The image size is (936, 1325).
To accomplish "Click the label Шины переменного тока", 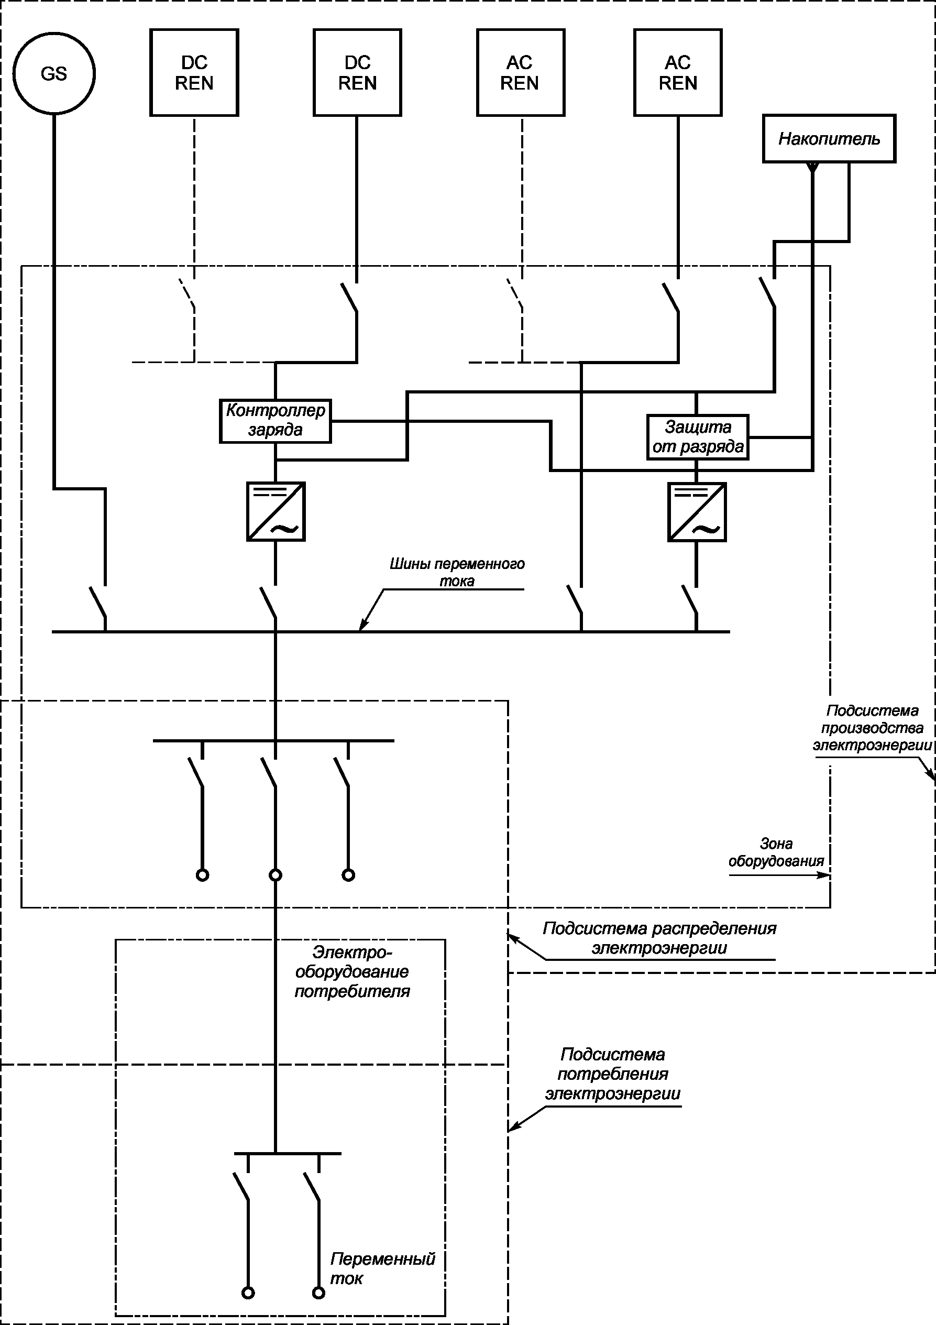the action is (457, 572).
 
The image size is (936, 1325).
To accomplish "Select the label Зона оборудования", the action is (776, 852).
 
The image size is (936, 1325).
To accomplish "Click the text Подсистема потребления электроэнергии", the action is (613, 1074).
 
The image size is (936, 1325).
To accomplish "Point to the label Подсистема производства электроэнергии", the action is (872, 728).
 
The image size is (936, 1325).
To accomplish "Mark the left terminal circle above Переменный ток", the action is (248, 1293).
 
